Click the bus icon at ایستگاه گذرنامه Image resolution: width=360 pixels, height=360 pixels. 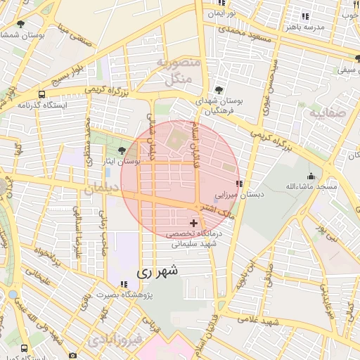point(42,94)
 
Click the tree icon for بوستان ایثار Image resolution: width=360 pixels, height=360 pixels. point(122,150)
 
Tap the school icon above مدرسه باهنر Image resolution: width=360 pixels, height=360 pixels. point(304,15)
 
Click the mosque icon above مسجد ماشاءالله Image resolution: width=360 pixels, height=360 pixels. point(311,176)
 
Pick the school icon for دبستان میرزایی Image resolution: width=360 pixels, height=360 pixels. point(240,184)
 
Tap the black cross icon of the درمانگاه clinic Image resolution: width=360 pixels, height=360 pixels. point(194,223)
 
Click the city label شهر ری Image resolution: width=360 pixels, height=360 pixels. point(156,270)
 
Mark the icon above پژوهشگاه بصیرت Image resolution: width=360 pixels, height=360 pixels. point(124,284)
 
